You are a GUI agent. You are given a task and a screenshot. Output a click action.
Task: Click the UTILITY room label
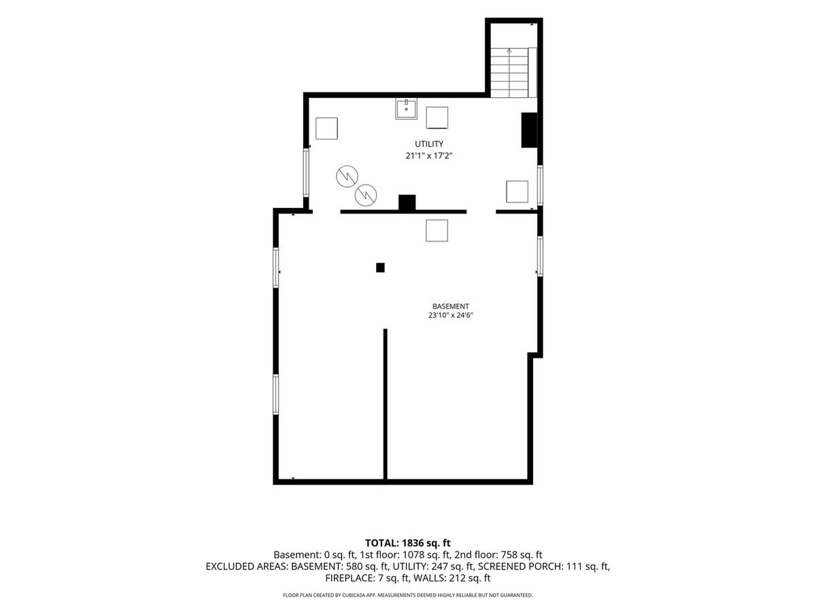coord(428,143)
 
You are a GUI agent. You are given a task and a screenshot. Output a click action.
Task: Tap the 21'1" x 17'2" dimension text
coord(428,156)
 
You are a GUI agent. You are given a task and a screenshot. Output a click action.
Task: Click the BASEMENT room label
coord(450,306)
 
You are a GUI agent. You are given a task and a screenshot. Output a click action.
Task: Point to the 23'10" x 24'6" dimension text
coord(450,316)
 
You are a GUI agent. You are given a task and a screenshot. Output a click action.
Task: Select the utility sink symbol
coord(406,109)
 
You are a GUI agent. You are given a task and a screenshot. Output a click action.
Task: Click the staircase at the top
coord(513,73)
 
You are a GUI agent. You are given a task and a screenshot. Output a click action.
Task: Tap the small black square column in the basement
coord(380,267)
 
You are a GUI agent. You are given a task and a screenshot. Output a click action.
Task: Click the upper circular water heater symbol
coord(347,176)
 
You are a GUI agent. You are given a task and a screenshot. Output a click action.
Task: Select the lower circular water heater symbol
coord(365,194)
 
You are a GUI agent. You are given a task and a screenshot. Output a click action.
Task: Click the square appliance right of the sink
coord(437,118)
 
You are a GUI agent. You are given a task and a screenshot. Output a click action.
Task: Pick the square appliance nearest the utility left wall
coord(326,129)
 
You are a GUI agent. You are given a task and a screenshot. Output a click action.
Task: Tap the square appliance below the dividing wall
coord(437,231)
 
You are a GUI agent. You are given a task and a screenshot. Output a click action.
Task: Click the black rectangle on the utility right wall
coord(529,130)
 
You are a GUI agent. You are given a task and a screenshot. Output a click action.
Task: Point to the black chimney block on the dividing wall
coord(407,203)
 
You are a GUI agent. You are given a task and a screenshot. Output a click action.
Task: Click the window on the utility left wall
coord(306,173)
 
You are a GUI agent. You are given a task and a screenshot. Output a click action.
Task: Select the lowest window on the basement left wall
coord(275,394)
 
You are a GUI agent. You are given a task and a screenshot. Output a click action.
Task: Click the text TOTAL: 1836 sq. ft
coord(407,543)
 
